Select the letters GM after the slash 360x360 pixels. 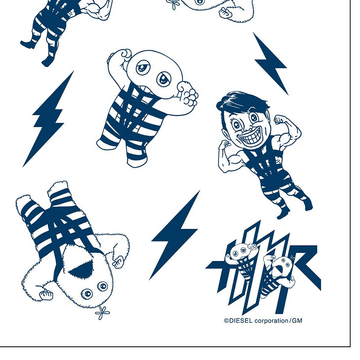point(297,321)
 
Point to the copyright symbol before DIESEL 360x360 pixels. point(226,321)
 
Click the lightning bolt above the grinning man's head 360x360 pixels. point(270,64)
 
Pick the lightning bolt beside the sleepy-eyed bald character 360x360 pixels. point(48,119)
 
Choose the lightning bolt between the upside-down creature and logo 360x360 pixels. point(175,235)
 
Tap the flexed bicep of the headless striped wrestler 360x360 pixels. point(97,11)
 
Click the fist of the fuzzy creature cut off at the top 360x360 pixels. point(225,13)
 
